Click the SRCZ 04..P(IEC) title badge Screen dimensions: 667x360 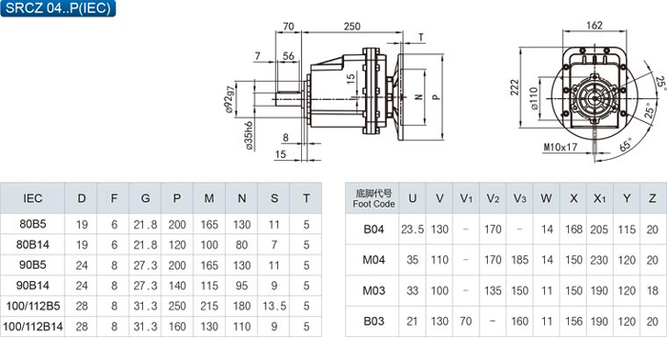58,8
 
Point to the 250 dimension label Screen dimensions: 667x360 352,27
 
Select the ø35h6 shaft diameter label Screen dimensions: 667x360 249,135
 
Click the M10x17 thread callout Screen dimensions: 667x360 560,147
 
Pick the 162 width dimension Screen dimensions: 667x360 595,26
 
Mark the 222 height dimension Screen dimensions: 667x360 515,88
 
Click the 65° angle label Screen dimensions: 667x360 626,145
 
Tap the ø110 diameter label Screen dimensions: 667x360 535,99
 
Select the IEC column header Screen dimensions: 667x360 32,198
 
